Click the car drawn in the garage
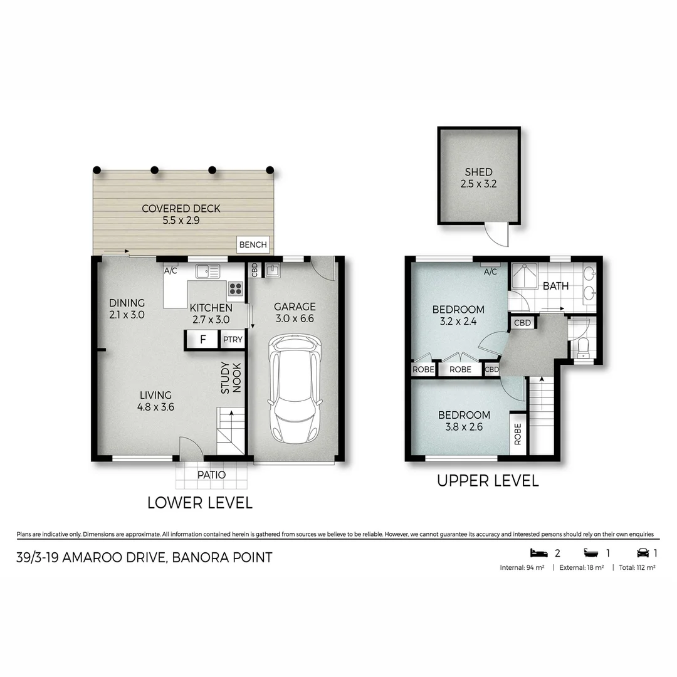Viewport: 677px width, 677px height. tap(294, 389)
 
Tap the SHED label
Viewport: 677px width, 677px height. tap(478, 172)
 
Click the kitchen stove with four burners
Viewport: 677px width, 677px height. tap(235, 288)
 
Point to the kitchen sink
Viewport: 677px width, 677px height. tap(207, 271)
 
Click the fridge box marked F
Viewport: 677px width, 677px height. tap(202, 340)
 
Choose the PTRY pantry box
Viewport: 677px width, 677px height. tap(232, 340)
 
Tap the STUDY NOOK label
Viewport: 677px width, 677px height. tap(231, 377)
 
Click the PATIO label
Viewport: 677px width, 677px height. tap(211, 475)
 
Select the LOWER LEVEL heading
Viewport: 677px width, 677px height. tap(199, 503)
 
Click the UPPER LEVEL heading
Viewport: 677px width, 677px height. tap(487, 481)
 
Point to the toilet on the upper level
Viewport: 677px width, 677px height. tap(583, 347)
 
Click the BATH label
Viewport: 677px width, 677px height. tap(555, 286)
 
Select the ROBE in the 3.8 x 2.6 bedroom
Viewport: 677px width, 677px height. tap(518, 433)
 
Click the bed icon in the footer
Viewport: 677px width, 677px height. tap(538, 553)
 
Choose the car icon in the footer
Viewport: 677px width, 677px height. tap(643, 553)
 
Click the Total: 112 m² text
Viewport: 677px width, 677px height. tap(637, 567)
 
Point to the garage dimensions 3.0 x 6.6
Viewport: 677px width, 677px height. tap(294, 318)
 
